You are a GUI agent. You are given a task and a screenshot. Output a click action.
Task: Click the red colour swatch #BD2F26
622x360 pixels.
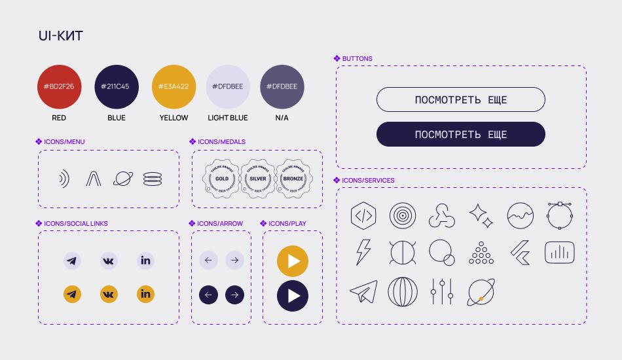tap(59, 86)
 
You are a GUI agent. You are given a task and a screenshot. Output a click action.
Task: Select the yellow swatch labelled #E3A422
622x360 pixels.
tap(174, 86)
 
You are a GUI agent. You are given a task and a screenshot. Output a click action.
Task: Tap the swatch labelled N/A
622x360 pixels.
tap(282, 86)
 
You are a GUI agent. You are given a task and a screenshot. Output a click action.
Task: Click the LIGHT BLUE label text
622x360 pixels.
tap(228, 118)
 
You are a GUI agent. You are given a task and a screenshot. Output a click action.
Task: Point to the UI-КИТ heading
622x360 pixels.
tap(61, 36)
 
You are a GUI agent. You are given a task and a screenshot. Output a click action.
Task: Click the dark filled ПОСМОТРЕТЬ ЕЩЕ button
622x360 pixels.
tap(460, 134)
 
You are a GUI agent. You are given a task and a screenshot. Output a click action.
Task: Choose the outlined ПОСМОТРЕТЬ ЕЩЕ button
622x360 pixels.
tap(460, 99)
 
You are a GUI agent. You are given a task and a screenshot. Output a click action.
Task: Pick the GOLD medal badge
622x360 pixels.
tap(222, 179)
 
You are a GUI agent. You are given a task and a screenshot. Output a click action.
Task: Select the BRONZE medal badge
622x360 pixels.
tap(293, 179)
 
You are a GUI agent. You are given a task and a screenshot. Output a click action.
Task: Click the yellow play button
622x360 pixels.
tap(293, 261)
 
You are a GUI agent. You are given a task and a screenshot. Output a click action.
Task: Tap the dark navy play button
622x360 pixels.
tap(293, 295)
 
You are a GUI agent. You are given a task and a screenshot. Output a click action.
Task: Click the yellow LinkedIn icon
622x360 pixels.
tap(145, 294)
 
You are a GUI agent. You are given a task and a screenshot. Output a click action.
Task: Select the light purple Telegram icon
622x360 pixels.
tap(72, 261)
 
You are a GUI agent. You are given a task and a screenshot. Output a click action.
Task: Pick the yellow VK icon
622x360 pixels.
tap(109, 294)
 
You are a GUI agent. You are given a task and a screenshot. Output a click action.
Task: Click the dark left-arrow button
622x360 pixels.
tap(208, 295)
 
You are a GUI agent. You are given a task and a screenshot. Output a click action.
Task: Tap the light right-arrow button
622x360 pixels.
tap(234, 261)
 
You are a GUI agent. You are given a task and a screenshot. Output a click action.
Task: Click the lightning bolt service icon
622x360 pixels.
tap(363, 252)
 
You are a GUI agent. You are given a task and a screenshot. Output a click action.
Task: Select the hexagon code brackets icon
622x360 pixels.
tap(363, 215)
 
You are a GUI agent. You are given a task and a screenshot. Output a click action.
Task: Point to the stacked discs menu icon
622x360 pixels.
tap(153, 179)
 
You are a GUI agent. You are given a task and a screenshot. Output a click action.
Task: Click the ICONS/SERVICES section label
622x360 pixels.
tap(368, 180)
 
